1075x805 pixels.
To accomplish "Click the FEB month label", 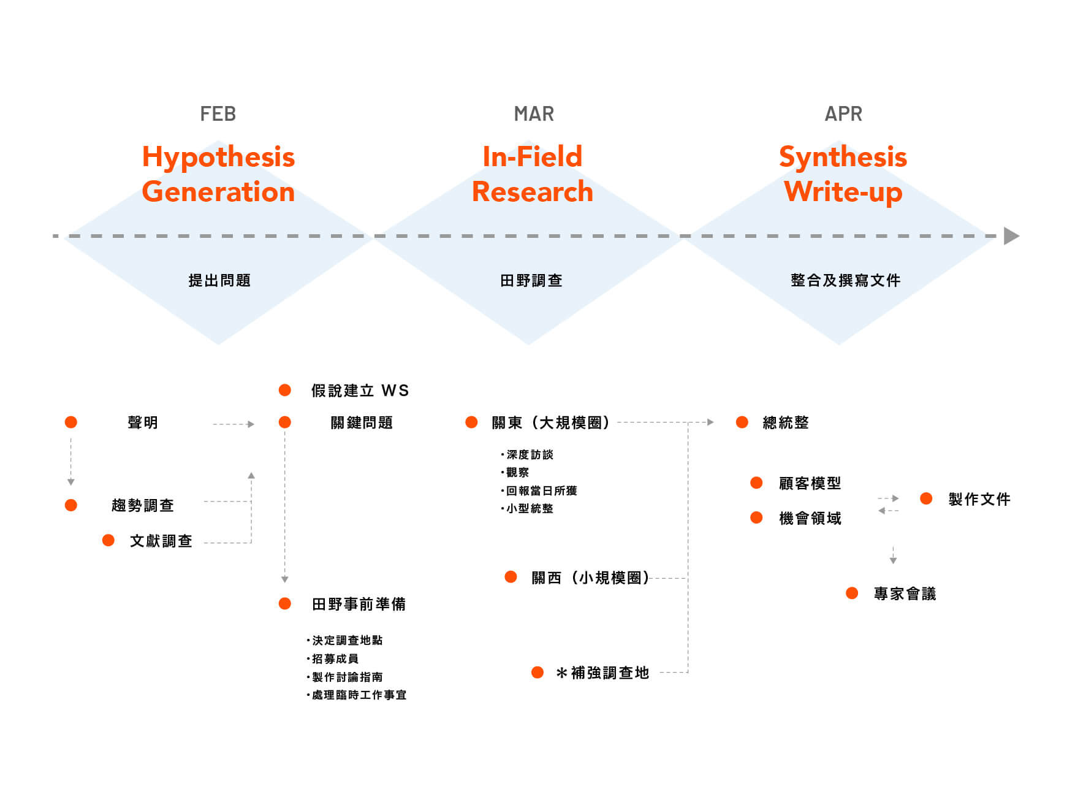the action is pos(218,114).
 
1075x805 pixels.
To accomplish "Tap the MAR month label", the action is pos(534,114).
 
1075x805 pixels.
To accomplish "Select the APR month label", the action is pos(843,114).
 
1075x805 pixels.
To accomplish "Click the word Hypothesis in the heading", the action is pos(218,158).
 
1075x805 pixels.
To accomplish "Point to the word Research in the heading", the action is pos(533,191).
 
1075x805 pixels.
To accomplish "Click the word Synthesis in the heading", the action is pos(843,158).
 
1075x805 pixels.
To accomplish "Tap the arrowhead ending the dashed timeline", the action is pos(1011,236).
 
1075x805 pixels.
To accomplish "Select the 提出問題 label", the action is pos(219,281).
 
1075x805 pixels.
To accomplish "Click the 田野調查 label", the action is pos(531,281).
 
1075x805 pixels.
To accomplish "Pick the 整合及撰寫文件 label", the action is pos(846,281).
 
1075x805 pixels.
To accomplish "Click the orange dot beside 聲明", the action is pos(71,422).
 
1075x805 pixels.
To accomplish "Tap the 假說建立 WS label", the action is pos(360,391).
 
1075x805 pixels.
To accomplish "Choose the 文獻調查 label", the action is pos(161,541).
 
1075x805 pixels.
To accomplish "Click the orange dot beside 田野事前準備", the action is pos(285,604).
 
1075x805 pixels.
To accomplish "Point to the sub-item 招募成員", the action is pos(333,658).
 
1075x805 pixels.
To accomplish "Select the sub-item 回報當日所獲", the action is pos(539,490).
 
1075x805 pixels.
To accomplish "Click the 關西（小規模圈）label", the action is pos(590,578).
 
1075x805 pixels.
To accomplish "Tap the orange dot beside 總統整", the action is pos(742,422).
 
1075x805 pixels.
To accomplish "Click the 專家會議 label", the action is pos(905,593).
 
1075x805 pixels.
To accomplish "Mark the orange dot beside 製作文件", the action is pos(926,499).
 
